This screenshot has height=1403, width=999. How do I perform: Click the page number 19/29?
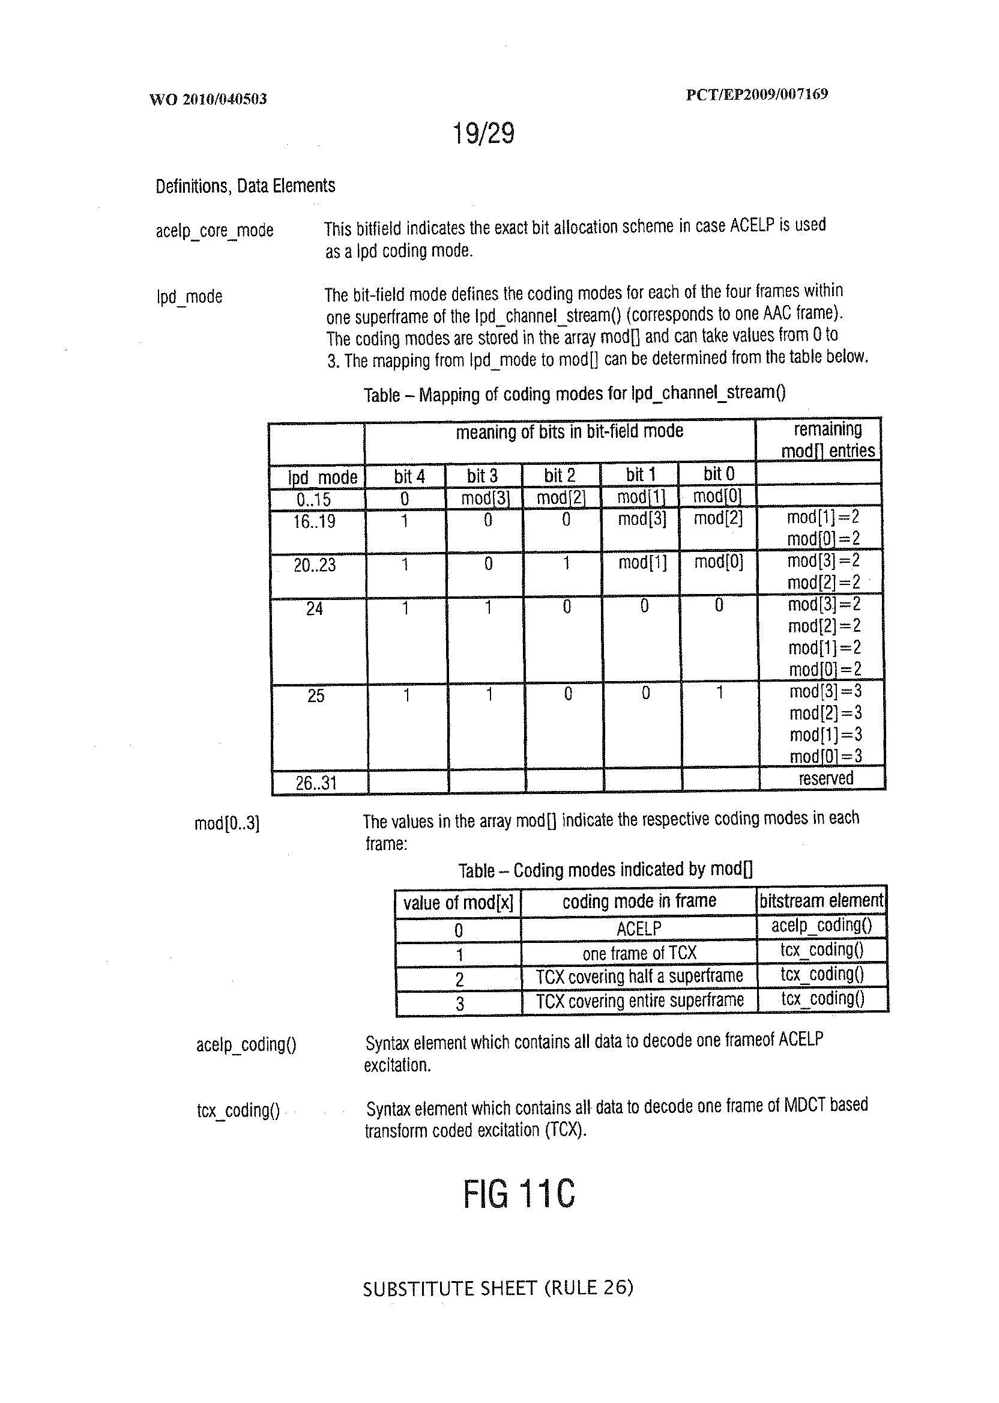click(x=483, y=133)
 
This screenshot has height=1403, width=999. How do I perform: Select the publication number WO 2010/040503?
click(x=208, y=99)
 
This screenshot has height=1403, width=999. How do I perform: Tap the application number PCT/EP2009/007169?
click(x=756, y=94)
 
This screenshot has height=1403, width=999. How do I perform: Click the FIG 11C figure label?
click(x=519, y=1193)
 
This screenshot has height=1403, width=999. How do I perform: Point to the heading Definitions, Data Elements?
click(x=245, y=186)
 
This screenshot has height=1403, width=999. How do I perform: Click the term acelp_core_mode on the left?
click(x=214, y=231)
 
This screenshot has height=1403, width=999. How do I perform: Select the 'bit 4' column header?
click(x=409, y=476)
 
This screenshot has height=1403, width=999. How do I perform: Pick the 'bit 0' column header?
click(x=719, y=474)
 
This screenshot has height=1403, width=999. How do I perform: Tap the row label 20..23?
click(x=315, y=565)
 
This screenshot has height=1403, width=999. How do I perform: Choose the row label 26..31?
click(x=316, y=783)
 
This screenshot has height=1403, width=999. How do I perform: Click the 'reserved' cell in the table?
click(x=825, y=778)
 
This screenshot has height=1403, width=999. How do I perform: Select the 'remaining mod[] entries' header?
click(x=827, y=440)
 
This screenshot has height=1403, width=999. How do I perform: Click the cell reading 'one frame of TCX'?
click(x=639, y=953)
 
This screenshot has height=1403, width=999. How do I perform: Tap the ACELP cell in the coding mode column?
click(x=639, y=928)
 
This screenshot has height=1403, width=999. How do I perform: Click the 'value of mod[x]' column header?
click(x=457, y=903)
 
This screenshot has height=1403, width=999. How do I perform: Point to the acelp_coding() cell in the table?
click(x=821, y=926)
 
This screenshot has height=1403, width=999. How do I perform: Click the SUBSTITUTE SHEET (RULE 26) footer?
click(x=498, y=1288)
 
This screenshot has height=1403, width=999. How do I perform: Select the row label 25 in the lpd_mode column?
click(x=316, y=696)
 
